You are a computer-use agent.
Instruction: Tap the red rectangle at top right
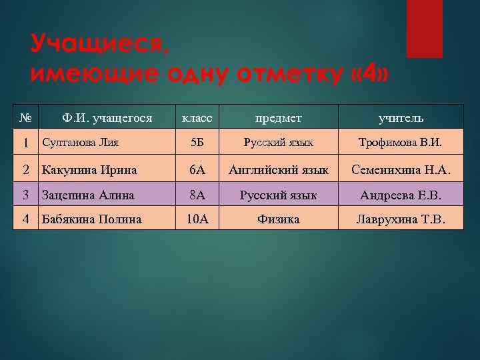[x=424, y=28]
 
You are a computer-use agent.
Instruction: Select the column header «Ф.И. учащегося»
[x=107, y=118]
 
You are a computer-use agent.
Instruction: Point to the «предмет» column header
[x=279, y=118]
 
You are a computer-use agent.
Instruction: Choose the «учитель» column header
[x=401, y=118]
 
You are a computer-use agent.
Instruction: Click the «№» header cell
[x=25, y=117]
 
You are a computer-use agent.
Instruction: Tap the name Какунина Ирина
[x=89, y=170]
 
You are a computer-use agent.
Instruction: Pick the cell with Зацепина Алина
[x=88, y=195]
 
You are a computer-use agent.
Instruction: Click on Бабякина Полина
[x=91, y=219]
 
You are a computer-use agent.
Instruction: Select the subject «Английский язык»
[x=279, y=170]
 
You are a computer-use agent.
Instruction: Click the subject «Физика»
[x=279, y=219]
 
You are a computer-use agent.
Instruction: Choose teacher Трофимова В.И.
[x=401, y=143]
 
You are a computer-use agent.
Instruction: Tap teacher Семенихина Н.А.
[x=401, y=170]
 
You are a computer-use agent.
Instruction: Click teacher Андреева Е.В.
[x=401, y=195]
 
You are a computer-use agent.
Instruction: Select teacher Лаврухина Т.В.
[x=401, y=219]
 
